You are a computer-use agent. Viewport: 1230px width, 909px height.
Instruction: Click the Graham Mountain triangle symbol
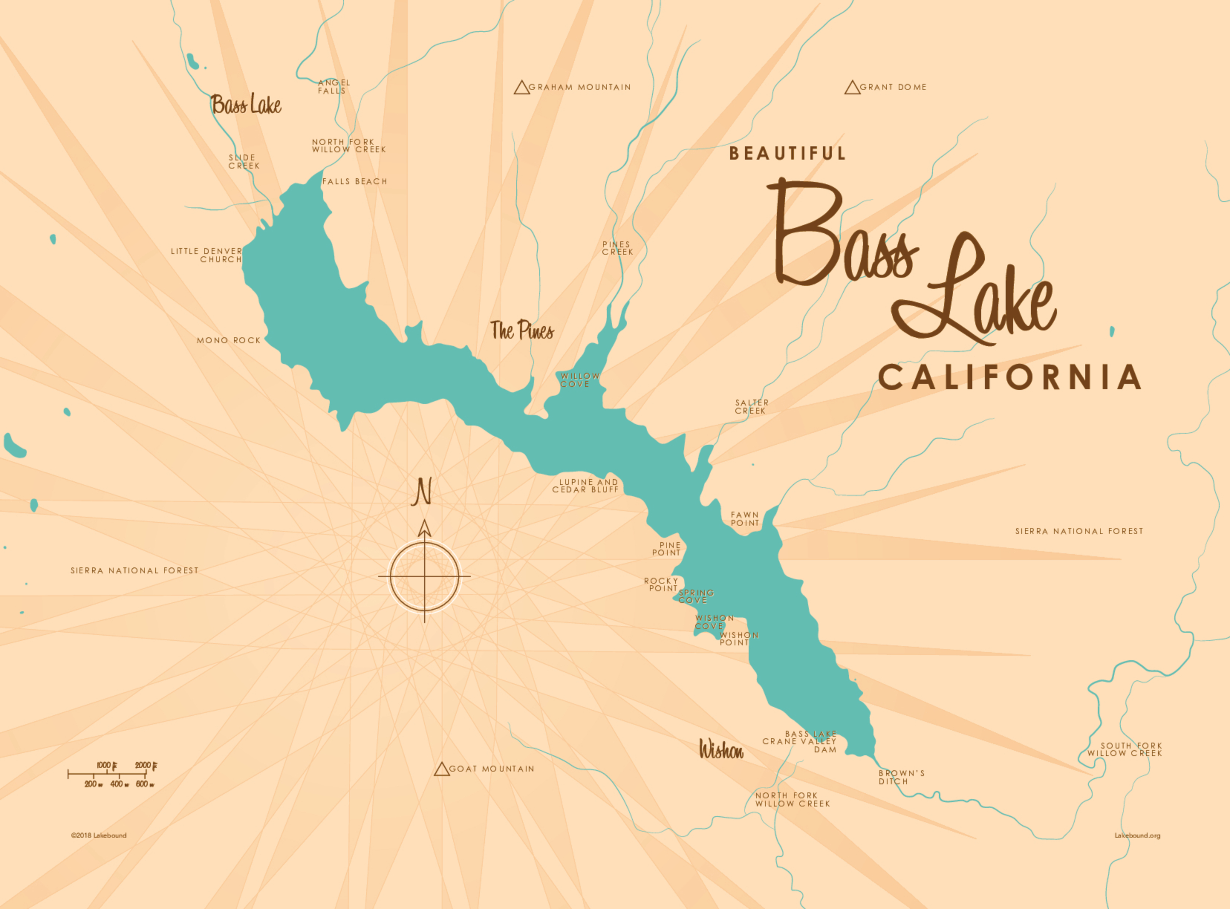click(521, 88)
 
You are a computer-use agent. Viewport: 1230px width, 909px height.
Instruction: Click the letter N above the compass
click(422, 492)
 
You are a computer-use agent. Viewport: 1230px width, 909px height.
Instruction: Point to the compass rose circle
click(424, 577)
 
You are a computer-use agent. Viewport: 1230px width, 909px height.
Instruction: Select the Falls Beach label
click(354, 181)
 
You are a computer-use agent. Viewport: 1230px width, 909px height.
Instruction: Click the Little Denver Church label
click(207, 255)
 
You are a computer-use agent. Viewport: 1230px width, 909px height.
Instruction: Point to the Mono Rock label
click(228, 341)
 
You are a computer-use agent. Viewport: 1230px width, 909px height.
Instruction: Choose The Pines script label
click(522, 331)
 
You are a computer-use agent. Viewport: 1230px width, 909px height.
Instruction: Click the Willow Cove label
click(580, 380)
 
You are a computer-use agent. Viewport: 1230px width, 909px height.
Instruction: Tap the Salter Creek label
click(751, 407)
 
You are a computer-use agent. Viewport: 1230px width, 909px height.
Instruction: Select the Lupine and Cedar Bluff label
click(586, 486)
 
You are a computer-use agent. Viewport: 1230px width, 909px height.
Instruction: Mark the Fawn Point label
click(745, 519)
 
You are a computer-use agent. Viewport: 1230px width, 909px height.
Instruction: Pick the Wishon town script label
click(721, 749)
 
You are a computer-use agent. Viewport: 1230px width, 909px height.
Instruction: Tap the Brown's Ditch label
click(901, 777)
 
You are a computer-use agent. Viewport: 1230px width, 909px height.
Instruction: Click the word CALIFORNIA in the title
click(1009, 377)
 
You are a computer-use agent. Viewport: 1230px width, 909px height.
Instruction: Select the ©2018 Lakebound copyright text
click(99, 835)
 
